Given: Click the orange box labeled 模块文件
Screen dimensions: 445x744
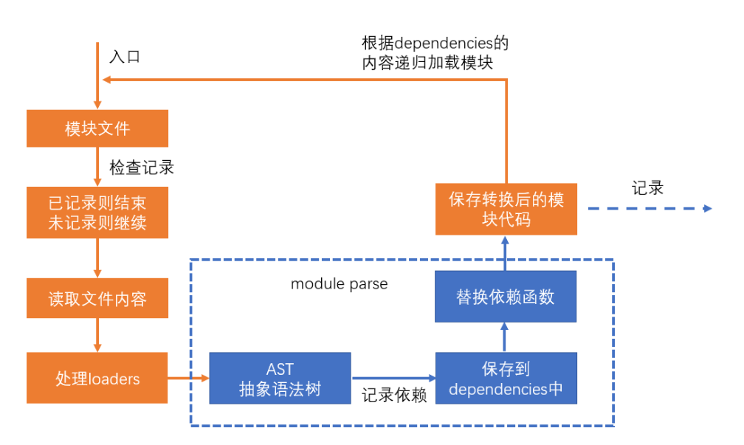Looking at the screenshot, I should tap(97, 128).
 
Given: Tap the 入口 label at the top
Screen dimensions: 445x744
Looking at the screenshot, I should tap(125, 56).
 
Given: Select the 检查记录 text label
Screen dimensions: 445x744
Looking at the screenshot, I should tap(142, 168).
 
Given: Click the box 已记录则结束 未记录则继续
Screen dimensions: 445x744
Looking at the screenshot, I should tap(97, 213).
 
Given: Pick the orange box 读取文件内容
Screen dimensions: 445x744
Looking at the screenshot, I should tap(97, 298).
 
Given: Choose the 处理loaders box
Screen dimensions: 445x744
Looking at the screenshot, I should tap(97, 379).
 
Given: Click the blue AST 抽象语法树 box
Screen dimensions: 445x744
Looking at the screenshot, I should tap(280, 379).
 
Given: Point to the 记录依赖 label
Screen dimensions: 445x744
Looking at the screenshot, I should tap(393, 396).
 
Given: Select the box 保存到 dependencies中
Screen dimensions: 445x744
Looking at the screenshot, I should tap(506, 379).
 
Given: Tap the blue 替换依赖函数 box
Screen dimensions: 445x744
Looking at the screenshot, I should tap(506, 297).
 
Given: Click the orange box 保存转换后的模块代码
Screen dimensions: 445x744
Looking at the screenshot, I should tap(506, 209).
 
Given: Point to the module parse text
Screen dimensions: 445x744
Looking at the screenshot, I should tap(339, 284).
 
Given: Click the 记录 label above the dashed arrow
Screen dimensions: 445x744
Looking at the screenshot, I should tap(647, 187).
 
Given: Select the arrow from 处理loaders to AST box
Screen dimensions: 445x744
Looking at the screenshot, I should tap(188, 379).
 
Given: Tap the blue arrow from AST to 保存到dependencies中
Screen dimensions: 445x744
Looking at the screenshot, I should tap(393, 379).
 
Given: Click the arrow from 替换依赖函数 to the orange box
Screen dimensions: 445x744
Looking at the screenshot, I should tap(506, 253).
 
